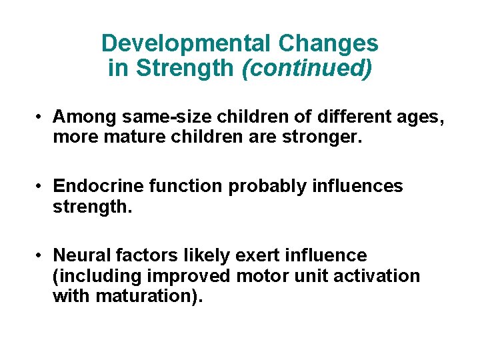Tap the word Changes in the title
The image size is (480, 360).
coord(328,44)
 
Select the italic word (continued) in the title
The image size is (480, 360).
coord(307,68)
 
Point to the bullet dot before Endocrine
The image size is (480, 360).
coord(41,186)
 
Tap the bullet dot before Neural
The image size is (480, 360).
coord(41,255)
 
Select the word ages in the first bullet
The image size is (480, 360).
coord(420,117)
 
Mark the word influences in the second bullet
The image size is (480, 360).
coord(357,186)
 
